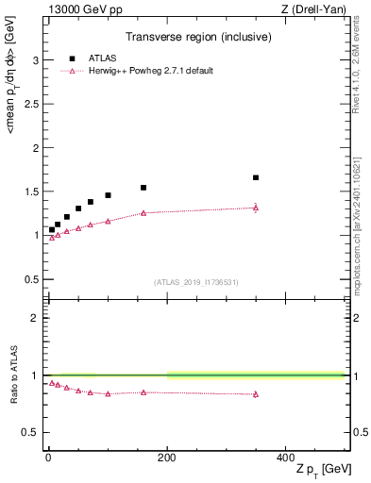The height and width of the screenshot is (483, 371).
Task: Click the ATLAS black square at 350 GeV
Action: click(256, 177)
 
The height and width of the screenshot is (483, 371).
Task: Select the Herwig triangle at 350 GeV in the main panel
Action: click(256, 208)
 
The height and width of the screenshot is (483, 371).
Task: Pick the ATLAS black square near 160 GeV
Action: click(143, 188)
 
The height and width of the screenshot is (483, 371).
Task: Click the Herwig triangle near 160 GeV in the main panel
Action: click(143, 213)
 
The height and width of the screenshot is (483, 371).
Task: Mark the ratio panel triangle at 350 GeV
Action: click(256, 394)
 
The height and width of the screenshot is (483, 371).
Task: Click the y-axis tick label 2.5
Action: click(30, 105)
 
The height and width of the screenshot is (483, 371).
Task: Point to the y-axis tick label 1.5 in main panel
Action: click(30, 192)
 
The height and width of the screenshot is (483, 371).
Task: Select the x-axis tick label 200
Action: click(167, 457)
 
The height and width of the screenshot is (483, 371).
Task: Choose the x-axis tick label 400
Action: click(285, 457)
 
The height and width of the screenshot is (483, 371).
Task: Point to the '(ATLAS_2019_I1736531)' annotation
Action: click(196, 282)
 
